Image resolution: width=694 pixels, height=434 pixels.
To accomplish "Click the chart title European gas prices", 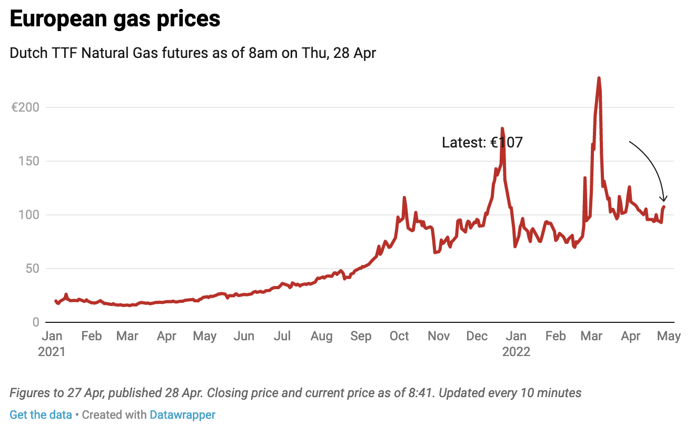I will point(115,19).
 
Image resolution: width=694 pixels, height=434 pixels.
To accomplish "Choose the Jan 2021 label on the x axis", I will point(52,343).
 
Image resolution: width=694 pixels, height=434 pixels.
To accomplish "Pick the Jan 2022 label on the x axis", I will point(517,343).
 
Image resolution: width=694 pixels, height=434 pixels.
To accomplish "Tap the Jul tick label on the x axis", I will point(283,336).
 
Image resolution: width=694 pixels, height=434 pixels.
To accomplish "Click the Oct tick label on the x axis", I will point(400,336).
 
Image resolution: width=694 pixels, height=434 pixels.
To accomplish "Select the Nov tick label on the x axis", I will point(439,336).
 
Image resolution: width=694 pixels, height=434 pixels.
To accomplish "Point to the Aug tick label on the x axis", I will point(321,336).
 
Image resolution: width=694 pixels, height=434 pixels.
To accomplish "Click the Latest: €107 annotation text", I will point(482,142).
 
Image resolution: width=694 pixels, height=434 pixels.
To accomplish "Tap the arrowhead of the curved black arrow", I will point(665,200).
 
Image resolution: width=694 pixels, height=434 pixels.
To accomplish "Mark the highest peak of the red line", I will point(599,78).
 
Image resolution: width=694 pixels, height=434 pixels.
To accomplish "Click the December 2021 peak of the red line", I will point(502,129).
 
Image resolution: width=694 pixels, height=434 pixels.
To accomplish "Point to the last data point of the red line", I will point(664,206).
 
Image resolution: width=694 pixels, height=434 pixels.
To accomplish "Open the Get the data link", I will point(41,415).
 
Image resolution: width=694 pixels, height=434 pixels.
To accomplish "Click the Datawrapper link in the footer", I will point(182,415).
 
